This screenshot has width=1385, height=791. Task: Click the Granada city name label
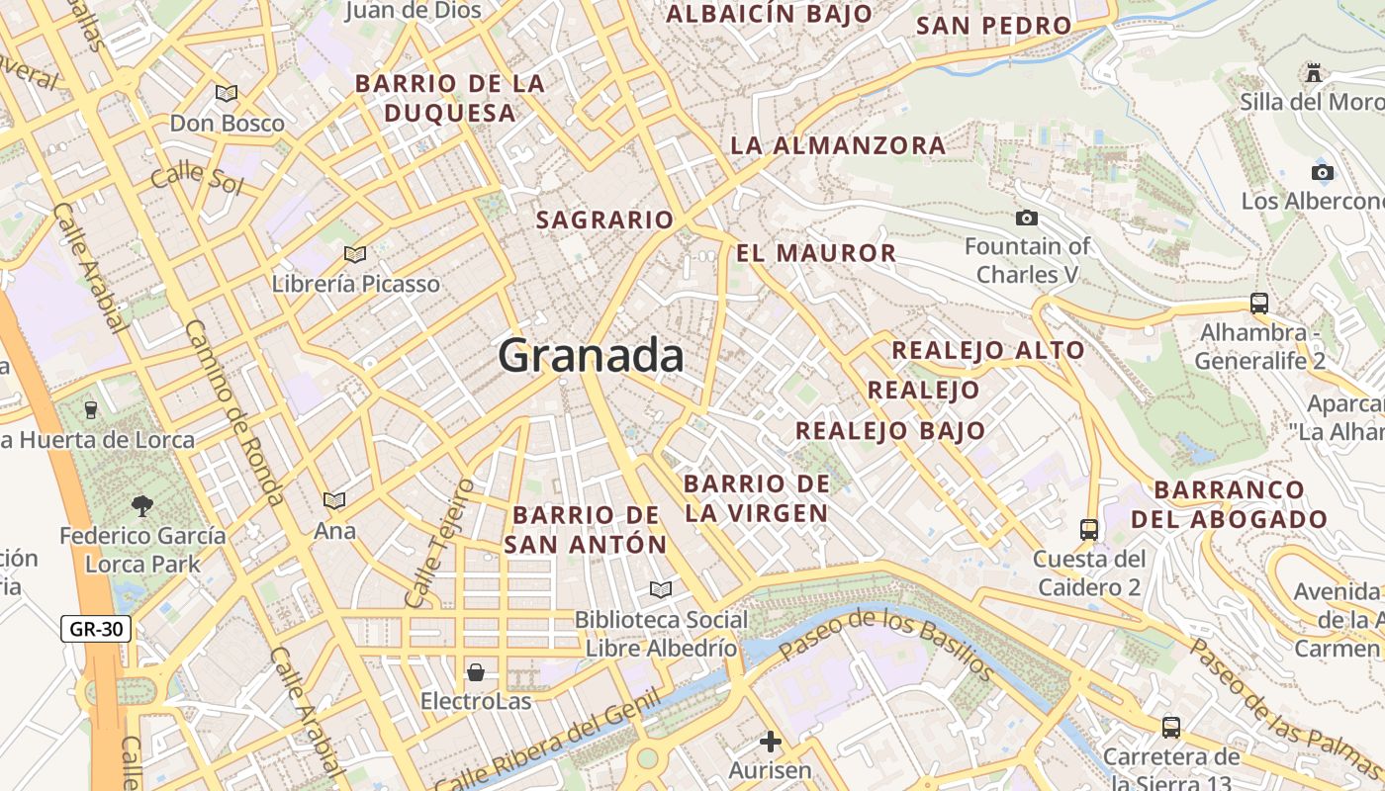(x=591, y=355)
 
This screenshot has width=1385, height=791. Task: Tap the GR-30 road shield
(x=96, y=628)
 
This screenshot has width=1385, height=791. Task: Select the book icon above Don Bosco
(x=227, y=93)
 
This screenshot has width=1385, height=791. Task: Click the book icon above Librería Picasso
(x=355, y=254)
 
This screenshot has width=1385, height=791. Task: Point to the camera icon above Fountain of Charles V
(x=1027, y=218)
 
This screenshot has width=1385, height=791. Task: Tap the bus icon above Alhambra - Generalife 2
(x=1258, y=304)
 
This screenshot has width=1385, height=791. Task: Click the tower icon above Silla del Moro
(x=1314, y=72)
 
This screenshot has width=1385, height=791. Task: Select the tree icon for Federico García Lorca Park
(x=142, y=506)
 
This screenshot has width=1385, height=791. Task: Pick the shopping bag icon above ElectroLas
(x=476, y=672)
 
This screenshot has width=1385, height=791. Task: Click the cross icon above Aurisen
(x=770, y=741)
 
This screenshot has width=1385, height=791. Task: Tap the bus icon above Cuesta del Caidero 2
(x=1088, y=530)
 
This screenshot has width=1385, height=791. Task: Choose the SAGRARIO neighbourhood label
(x=604, y=220)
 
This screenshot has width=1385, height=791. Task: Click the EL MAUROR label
(x=816, y=253)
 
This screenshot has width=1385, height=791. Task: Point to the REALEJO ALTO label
(x=988, y=350)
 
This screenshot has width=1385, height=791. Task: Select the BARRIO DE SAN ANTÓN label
(x=586, y=529)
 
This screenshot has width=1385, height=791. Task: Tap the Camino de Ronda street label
(x=234, y=411)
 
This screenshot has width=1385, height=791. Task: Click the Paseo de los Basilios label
(x=886, y=645)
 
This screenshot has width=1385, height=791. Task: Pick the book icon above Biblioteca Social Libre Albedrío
(x=660, y=590)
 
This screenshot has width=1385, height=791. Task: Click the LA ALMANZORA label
(x=838, y=145)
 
